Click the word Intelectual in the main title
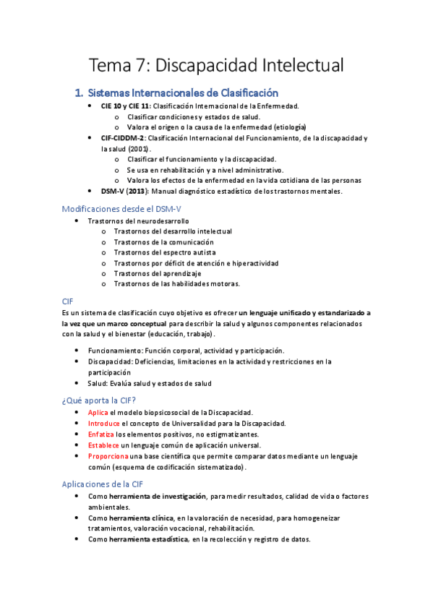(x=293, y=65)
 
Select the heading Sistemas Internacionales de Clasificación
(x=183, y=93)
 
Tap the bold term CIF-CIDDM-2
(x=124, y=137)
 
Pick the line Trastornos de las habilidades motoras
(x=176, y=284)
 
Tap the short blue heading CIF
(x=68, y=301)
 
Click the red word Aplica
(x=98, y=411)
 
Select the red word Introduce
(x=104, y=423)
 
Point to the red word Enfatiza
(x=101, y=434)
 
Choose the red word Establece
(x=103, y=445)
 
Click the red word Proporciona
(x=108, y=456)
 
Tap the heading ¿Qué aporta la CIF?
(x=99, y=400)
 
